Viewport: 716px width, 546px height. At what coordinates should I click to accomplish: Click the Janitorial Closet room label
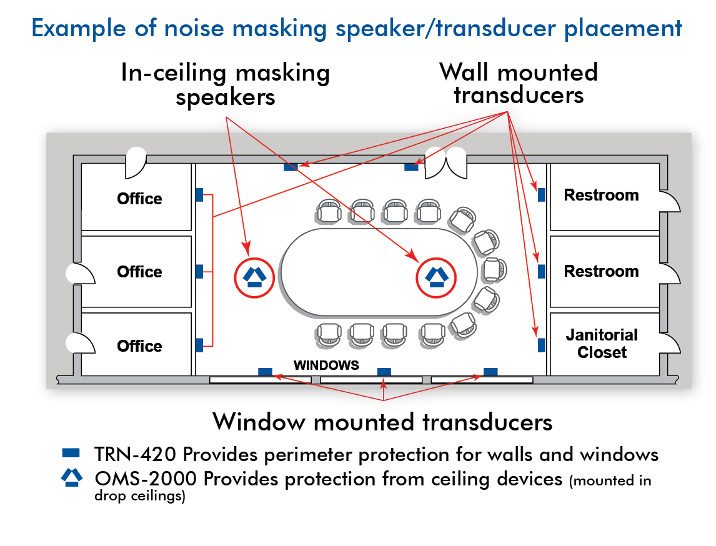click(602, 344)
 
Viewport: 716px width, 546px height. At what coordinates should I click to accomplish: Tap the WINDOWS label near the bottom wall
click(326, 365)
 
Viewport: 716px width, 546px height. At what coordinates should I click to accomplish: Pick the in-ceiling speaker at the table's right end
click(436, 277)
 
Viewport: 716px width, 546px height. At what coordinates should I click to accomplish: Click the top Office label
click(139, 199)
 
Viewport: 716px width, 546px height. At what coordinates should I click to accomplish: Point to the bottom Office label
click(139, 346)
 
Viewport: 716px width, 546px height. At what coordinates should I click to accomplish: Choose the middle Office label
click(139, 272)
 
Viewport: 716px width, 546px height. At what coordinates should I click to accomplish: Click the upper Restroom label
click(602, 195)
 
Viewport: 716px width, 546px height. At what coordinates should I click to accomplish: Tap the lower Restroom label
click(602, 271)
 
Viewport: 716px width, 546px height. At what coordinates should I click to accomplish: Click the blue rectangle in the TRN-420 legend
click(71, 453)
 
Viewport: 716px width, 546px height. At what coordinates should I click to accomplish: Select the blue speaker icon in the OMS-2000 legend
click(72, 477)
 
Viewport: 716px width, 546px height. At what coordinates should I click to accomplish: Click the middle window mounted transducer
click(384, 372)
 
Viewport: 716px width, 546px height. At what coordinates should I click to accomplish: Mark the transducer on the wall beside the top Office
click(199, 195)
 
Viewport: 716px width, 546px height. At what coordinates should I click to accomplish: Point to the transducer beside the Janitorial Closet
click(542, 345)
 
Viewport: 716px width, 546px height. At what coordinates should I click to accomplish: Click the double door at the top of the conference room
click(445, 163)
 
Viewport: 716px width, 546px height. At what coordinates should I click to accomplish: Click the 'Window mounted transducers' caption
click(382, 422)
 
